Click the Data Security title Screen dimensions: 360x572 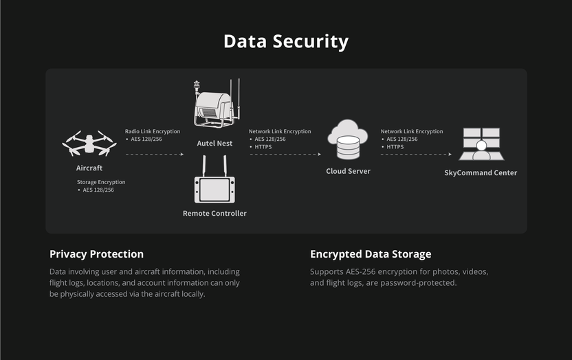pyautogui.click(x=286, y=41)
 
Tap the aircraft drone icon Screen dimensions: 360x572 pyautogui.click(x=89, y=144)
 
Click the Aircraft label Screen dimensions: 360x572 pyautogui.click(x=89, y=168)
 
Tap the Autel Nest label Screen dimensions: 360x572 pyautogui.click(x=214, y=144)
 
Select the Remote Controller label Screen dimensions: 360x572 pyautogui.click(x=214, y=214)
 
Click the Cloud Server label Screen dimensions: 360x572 pyautogui.click(x=348, y=171)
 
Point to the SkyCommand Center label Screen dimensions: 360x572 pyautogui.click(x=481, y=173)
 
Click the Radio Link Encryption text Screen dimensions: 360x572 pyautogui.click(x=153, y=131)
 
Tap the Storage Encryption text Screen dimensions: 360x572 pyautogui.click(x=101, y=182)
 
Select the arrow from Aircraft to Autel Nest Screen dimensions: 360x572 pyautogui.click(x=155, y=155)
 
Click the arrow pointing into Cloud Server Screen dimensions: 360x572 pyautogui.click(x=285, y=155)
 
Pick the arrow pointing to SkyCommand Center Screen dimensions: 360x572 pyautogui.click(x=417, y=155)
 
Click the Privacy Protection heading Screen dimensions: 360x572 pyautogui.click(x=96, y=254)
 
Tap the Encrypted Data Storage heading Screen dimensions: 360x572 pyautogui.click(x=371, y=254)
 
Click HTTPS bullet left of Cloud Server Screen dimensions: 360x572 pyautogui.click(x=263, y=146)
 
